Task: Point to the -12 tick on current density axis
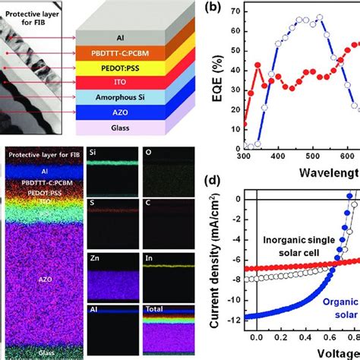(x=241, y=316)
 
